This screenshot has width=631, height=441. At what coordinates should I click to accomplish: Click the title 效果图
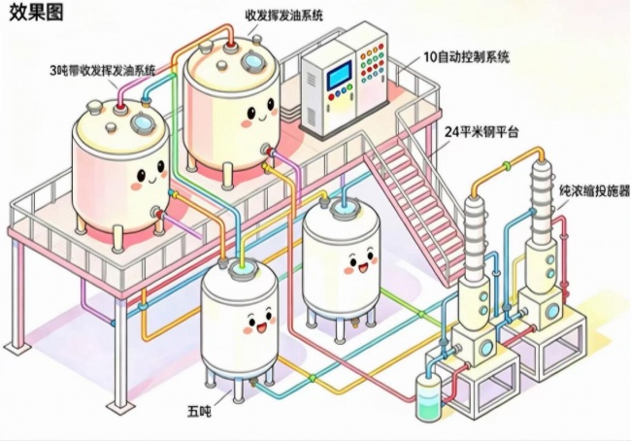click(x=36, y=13)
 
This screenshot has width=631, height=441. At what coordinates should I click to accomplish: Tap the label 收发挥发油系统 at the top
click(x=284, y=16)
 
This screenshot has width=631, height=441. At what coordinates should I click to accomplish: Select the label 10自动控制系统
click(x=467, y=56)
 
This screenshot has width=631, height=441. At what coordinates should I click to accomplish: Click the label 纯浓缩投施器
click(x=594, y=191)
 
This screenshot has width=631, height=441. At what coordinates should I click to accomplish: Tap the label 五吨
click(x=199, y=411)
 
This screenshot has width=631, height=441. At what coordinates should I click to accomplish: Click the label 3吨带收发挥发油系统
click(x=103, y=70)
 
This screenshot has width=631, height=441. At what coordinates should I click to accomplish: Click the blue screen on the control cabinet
click(x=339, y=75)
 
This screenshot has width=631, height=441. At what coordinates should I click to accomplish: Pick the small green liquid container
click(x=428, y=395)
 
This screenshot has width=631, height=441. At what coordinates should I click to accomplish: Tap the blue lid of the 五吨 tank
click(x=242, y=268)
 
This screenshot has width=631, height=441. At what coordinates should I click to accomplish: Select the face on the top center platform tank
click(x=258, y=115)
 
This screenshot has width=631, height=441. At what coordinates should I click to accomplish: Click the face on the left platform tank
click(x=149, y=176)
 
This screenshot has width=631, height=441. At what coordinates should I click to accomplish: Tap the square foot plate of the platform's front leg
click(x=120, y=407)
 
